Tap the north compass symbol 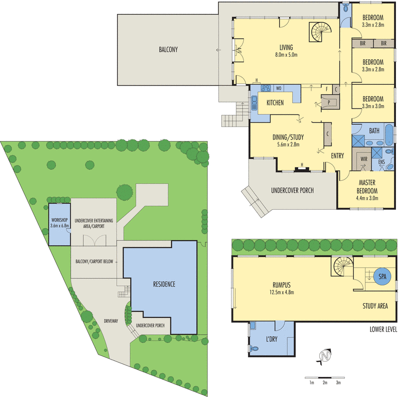click(x=325, y=357)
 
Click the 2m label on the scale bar click(x=325, y=383)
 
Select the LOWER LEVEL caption click(x=384, y=329)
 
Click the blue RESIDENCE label click(x=161, y=284)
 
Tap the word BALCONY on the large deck click(x=168, y=49)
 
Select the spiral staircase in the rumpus click(x=343, y=267)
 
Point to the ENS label click(x=382, y=161)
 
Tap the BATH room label click(x=374, y=131)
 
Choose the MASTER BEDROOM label click(x=367, y=187)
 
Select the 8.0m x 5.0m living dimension click(x=286, y=54)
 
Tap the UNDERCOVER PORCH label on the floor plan click(x=292, y=190)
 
